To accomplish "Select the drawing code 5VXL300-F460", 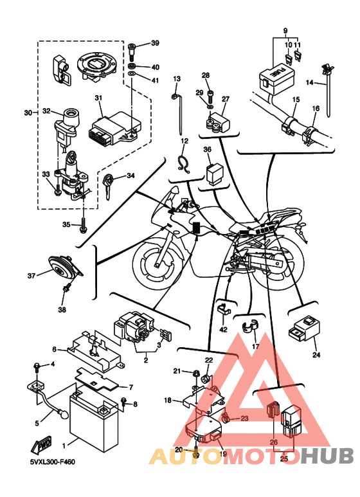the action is coord(53,462).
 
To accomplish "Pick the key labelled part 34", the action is coord(108,186).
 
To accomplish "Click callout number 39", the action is coord(155,43).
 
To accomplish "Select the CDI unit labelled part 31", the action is coord(114,127).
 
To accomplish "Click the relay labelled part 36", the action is coord(213,173).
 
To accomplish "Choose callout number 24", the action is coord(316,355).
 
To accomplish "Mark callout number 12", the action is coord(184,141).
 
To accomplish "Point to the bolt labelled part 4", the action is coord(37,368).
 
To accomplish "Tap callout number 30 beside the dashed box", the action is coord(28,113).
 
